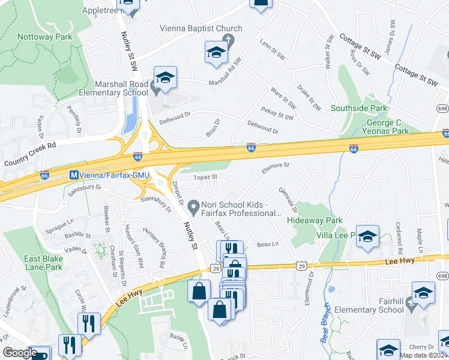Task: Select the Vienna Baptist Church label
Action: point(201,28)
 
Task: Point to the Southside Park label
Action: point(359,109)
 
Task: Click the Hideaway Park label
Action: point(319,221)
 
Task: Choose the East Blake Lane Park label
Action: point(43,263)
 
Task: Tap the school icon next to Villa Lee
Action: point(367,237)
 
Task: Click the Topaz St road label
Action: point(205,177)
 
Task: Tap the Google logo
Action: point(20,352)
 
